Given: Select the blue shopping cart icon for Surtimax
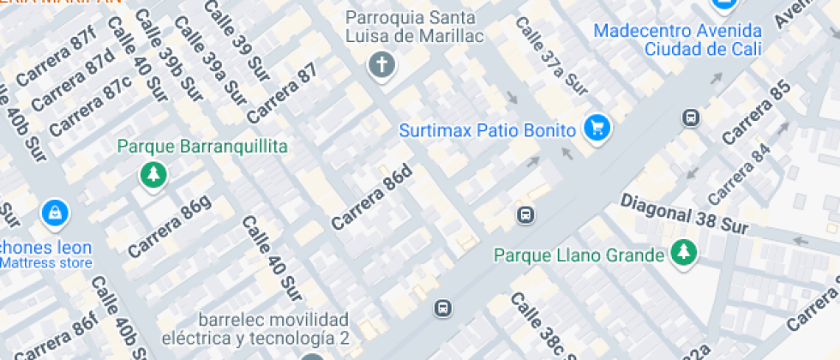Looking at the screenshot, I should point(597,129).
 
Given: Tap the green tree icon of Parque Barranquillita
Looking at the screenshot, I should point(153,176).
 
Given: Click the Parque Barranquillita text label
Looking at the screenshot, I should point(202,147).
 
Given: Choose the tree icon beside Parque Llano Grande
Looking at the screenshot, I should point(683,253).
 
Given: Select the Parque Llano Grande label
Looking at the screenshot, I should point(579,255).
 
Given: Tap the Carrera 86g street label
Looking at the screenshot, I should point(170,227).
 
